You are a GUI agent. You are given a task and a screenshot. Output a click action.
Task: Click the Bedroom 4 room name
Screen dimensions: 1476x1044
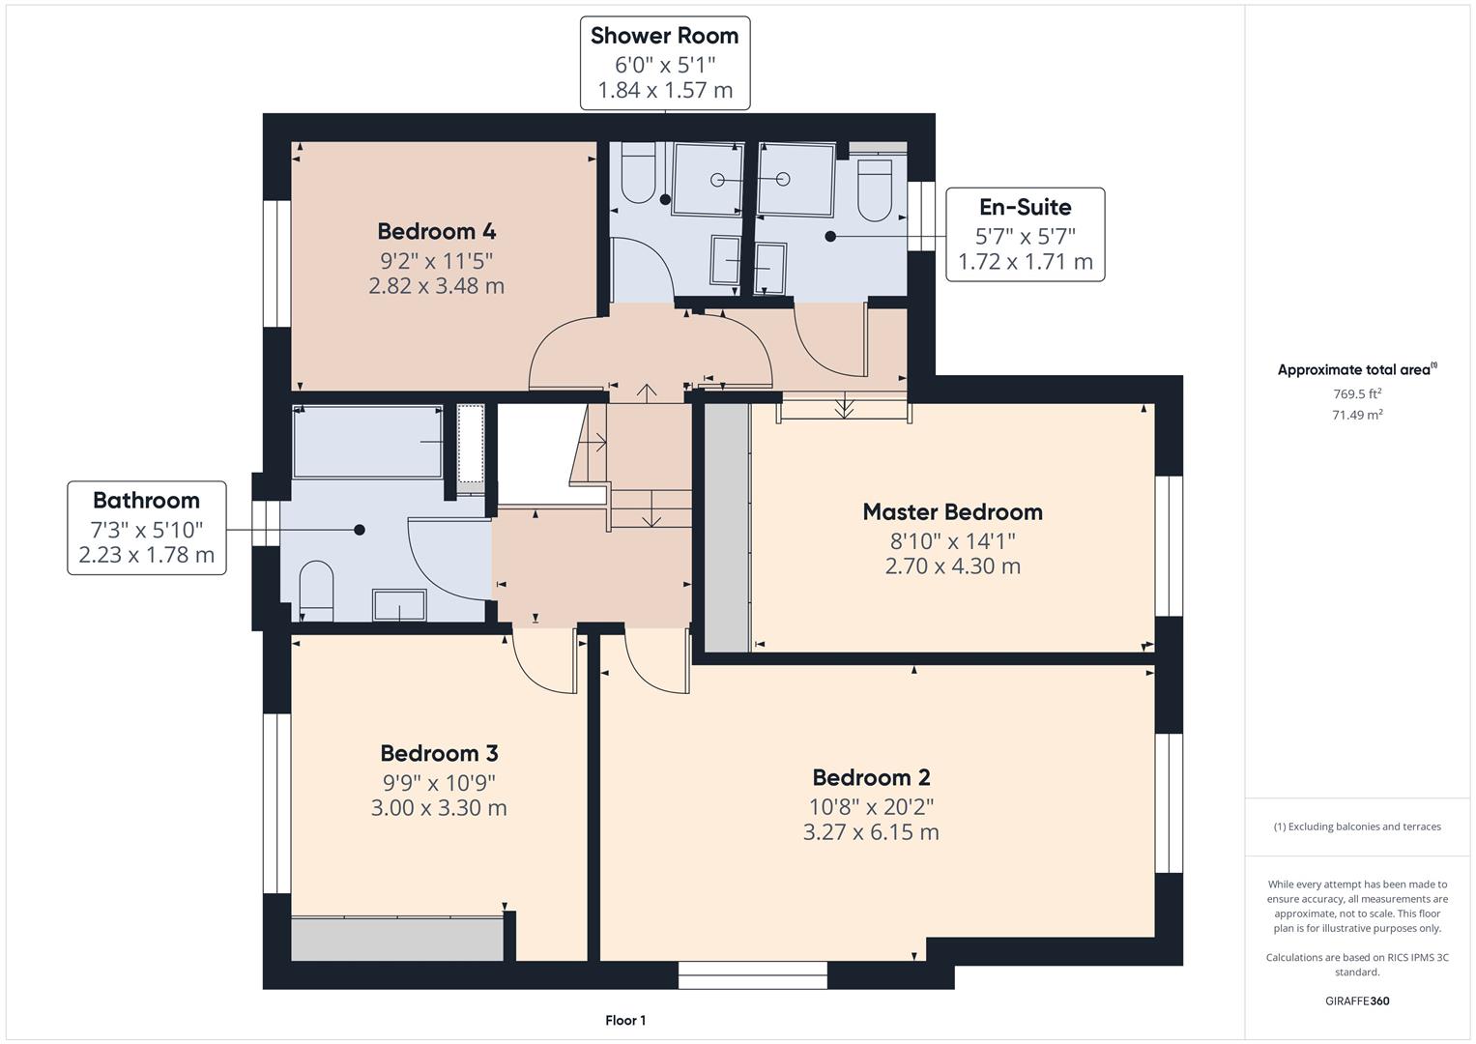click(436, 231)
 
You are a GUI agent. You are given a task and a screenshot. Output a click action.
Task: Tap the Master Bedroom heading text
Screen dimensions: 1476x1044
click(953, 512)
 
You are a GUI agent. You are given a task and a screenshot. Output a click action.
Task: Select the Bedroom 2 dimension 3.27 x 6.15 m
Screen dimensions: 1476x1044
click(871, 831)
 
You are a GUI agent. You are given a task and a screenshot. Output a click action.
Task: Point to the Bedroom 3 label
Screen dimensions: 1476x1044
click(439, 753)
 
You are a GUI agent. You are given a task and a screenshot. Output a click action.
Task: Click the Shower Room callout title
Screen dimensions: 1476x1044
click(664, 36)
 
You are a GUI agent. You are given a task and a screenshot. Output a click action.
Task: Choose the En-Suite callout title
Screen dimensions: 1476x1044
click(1026, 207)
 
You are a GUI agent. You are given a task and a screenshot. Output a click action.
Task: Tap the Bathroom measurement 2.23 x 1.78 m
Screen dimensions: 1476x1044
click(146, 555)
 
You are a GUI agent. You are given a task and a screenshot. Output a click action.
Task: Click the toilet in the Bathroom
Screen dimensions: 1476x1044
click(316, 591)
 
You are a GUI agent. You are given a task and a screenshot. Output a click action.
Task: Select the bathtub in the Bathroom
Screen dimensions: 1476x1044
click(367, 442)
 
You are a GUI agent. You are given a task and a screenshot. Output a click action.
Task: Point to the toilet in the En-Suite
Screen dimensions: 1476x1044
click(875, 188)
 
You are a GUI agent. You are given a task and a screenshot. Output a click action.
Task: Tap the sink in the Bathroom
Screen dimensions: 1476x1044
click(399, 605)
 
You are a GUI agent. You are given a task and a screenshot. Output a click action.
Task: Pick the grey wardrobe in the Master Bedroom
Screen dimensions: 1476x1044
click(728, 527)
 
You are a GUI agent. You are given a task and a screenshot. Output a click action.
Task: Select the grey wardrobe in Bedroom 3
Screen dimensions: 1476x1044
click(397, 939)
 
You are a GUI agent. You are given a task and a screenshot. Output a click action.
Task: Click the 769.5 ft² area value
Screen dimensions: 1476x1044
click(1357, 393)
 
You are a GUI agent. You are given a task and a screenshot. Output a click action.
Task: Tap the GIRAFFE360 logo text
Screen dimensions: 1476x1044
click(1357, 1000)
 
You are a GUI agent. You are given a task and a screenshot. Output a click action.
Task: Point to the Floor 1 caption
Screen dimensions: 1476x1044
click(625, 1020)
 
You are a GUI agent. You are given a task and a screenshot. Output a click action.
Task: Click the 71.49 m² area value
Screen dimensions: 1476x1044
click(1357, 415)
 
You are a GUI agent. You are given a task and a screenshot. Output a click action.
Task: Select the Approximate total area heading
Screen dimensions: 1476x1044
click(1357, 369)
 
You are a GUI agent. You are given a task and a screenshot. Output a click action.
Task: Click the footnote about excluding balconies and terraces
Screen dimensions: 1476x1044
click(1357, 826)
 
